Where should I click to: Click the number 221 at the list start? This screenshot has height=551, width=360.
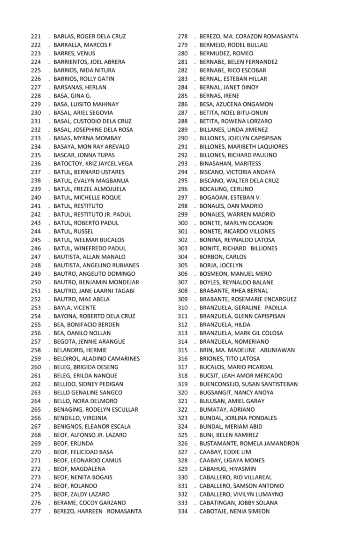coord(36,37)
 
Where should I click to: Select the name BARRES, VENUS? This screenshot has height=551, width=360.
coord(74,53)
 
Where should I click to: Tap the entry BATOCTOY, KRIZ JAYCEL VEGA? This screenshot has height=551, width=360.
coord(93,164)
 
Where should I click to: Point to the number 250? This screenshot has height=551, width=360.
coord(36,282)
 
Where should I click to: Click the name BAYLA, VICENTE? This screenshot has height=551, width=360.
coord(75,308)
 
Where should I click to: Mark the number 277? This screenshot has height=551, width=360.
coord(36,511)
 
